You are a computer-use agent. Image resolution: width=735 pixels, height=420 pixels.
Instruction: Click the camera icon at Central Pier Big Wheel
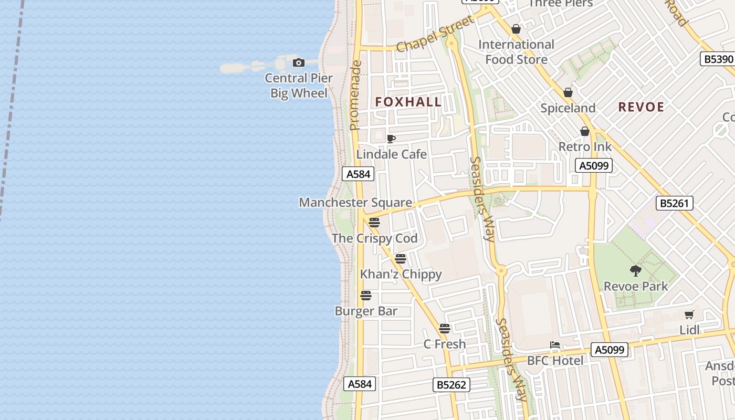tap(298, 63)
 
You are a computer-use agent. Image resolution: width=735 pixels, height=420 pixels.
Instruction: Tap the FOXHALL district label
tap(408, 102)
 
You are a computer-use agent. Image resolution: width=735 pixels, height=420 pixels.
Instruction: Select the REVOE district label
tap(641, 107)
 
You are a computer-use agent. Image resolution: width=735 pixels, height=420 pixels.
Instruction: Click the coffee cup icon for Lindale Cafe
tap(391, 139)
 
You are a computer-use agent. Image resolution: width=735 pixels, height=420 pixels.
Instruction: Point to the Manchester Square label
tap(355, 203)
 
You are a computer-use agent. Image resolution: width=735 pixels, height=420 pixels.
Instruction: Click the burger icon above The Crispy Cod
tap(374, 223)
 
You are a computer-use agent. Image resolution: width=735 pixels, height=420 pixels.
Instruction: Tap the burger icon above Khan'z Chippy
tap(401, 259)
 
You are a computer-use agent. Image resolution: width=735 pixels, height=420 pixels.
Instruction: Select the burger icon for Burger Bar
tap(366, 296)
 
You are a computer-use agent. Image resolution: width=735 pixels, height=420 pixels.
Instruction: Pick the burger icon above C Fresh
tap(445, 329)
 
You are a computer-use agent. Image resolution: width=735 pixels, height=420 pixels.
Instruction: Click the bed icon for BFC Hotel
tap(555, 345)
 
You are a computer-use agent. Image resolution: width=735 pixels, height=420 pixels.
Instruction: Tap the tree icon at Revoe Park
tap(636, 271)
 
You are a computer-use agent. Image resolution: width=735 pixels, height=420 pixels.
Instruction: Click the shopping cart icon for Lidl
tap(689, 315)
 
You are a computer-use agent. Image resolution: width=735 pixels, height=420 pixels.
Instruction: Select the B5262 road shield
tap(451, 385)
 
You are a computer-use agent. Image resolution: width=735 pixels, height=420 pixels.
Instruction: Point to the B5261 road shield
tap(675, 203)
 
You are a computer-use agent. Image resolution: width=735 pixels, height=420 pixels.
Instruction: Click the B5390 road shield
tap(718, 59)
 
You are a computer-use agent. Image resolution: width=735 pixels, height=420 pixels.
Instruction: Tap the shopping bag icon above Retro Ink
tap(585, 131)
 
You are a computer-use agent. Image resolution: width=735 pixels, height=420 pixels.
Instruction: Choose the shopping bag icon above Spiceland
tap(568, 93)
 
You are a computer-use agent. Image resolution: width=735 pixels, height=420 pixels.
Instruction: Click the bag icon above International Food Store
tap(516, 29)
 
